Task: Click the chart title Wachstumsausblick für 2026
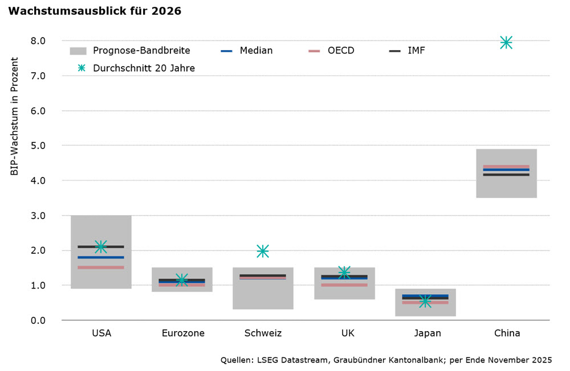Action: [x=95, y=11]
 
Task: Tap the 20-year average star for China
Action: [x=506, y=43]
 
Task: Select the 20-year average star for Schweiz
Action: [x=263, y=251]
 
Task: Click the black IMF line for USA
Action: [x=101, y=247]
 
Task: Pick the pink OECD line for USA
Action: [x=101, y=267]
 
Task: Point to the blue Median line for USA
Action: [x=101, y=257]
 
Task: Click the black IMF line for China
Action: [x=507, y=175]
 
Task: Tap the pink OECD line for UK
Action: [x=344, y=285]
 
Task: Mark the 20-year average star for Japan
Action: [x=425, y=301]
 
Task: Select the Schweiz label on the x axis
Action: [x=263, y=333]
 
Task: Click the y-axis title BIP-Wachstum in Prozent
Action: [x=15, y=116]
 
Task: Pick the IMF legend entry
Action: [x=416, y=51]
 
